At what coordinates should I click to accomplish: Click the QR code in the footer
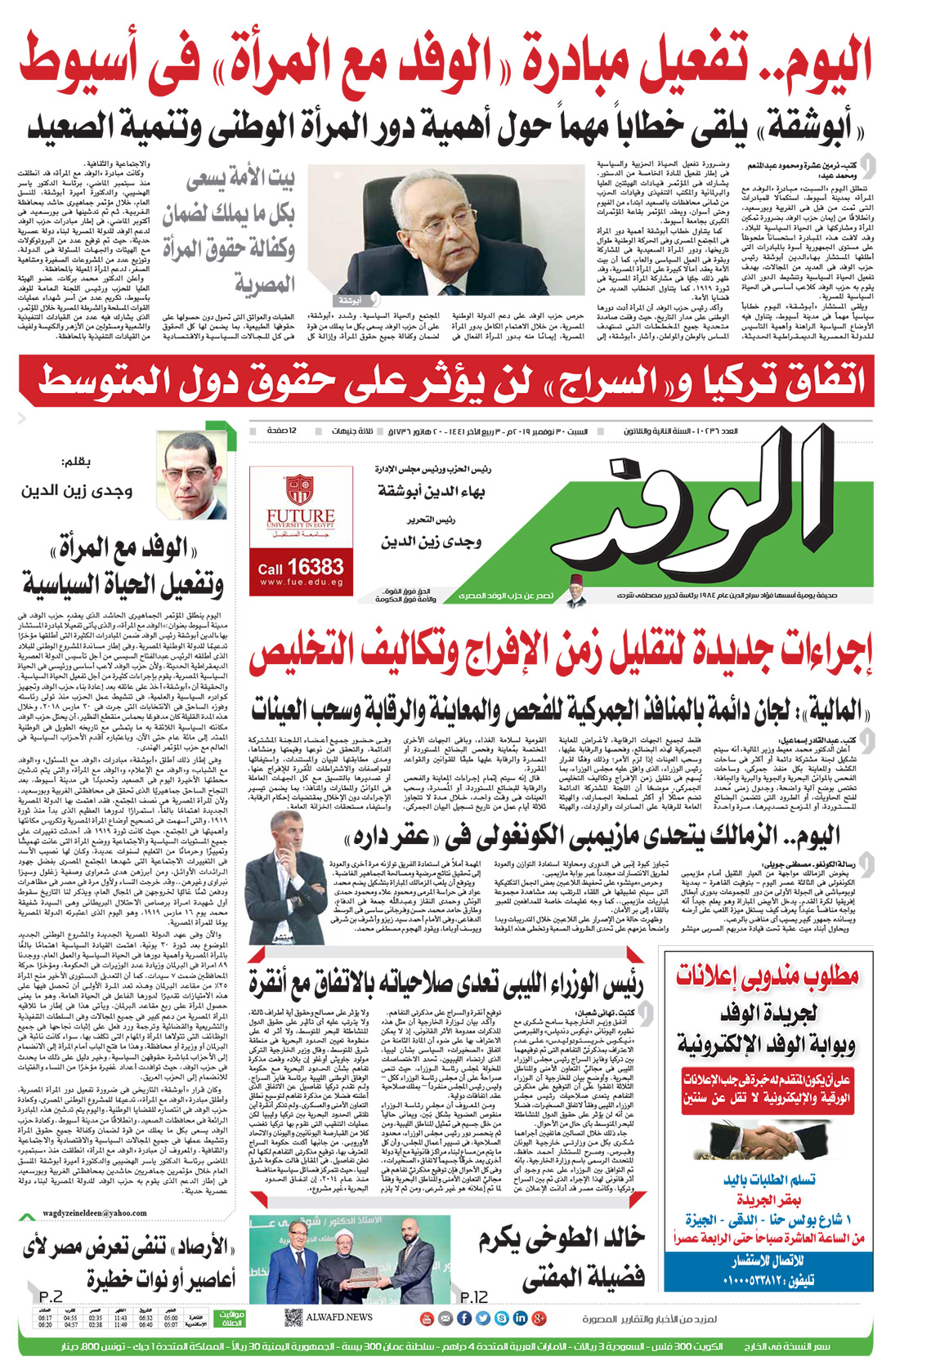(293, 1317)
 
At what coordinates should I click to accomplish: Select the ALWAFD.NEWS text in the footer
(339, 1317)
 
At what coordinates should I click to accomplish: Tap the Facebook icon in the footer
(463, 1318)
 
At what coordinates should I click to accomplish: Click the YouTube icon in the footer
(426, 1318)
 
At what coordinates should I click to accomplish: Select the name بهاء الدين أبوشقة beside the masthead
(431, 491)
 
